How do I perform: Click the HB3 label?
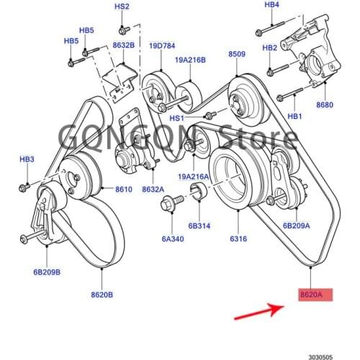pos(27,159)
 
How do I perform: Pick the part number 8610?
pos(123,190)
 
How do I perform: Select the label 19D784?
pos(162,46)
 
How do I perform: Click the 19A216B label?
pos(188,60)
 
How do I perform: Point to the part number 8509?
pos(237,54)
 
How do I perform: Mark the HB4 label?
pos(272,5)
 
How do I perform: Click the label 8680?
pos(325,105)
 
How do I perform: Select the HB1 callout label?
pos(294,116)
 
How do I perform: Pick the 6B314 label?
pos(199,225)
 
